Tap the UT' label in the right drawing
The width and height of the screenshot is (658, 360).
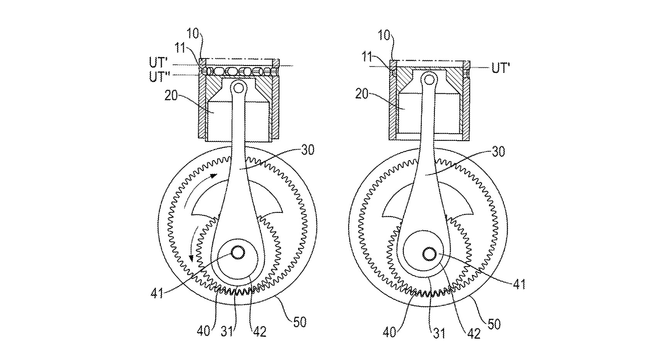click(x=501, y=68)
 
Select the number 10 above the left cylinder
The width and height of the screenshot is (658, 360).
click(x=193, y=34)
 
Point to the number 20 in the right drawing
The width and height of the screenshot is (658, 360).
click(x=362, y=94)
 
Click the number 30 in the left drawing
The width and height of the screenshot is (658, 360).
click(x=308, y=150)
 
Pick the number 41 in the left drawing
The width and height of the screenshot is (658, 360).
click(x=157, y=293)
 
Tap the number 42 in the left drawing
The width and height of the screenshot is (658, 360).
click(x=259, y=332)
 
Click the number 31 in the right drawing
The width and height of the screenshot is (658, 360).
click(x=439, y=334)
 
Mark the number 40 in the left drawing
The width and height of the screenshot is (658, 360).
click(x=203, y=331)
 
